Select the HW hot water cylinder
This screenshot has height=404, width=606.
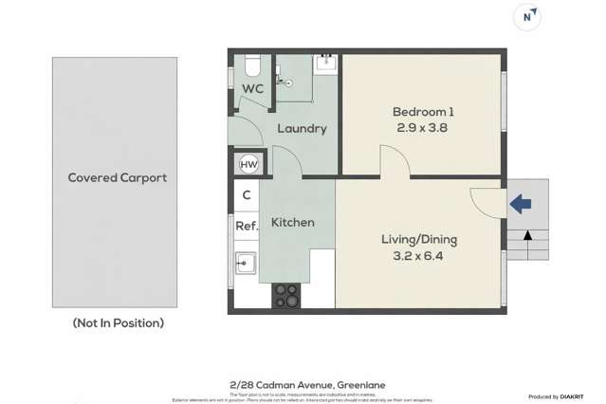tap(248, 165)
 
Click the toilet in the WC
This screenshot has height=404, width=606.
tap(251, 66)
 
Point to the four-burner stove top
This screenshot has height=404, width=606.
tap(285, 296)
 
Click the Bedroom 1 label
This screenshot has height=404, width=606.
tap(421, 111)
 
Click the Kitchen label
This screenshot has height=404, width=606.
tap(293, 222)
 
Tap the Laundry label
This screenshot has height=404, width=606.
tap(302, 128)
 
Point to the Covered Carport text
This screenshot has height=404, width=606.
tap(117, 177)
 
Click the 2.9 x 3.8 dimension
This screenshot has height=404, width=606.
tap(421, 126)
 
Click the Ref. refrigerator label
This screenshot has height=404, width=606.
tap(247, 226)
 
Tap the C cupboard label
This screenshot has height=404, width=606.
tap(246, 194)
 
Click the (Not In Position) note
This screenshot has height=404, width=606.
tap(119, 322)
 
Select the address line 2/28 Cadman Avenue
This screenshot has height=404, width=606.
tap(303, 384)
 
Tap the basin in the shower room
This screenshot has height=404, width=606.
tap(325, 65)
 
